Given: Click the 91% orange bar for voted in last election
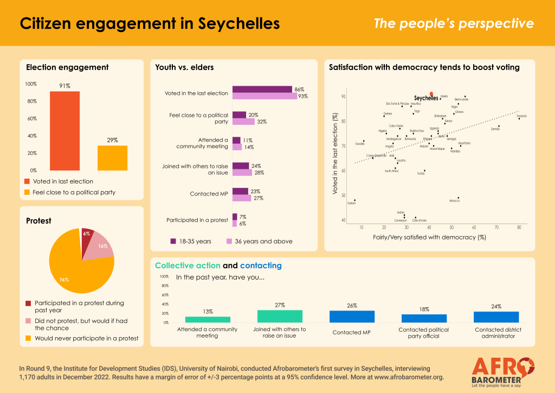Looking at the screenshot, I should pyautogui.click(x=64, y=130).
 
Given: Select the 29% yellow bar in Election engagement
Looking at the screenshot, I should pyautogui.click(x=112, y=157).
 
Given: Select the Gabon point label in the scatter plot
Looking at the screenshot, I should pyautogui.click(x=352, y=204).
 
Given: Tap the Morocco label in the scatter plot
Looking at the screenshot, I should pyautogui.click(x=455, y=201).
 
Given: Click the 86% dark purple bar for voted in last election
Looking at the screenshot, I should pyautogui.click(x=262, y=90).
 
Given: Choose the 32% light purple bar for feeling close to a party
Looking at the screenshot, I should pyautogui.click(x=243, y=122).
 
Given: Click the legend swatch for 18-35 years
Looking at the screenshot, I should pyautogui.click(x=173, y=241).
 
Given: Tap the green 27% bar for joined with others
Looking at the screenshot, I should pyautogui.click(x=280, y=316).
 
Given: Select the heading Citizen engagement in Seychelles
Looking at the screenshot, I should pyautogui.click(x=150, y=23).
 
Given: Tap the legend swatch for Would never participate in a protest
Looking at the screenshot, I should pyautogui.click(x=29, y=338).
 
